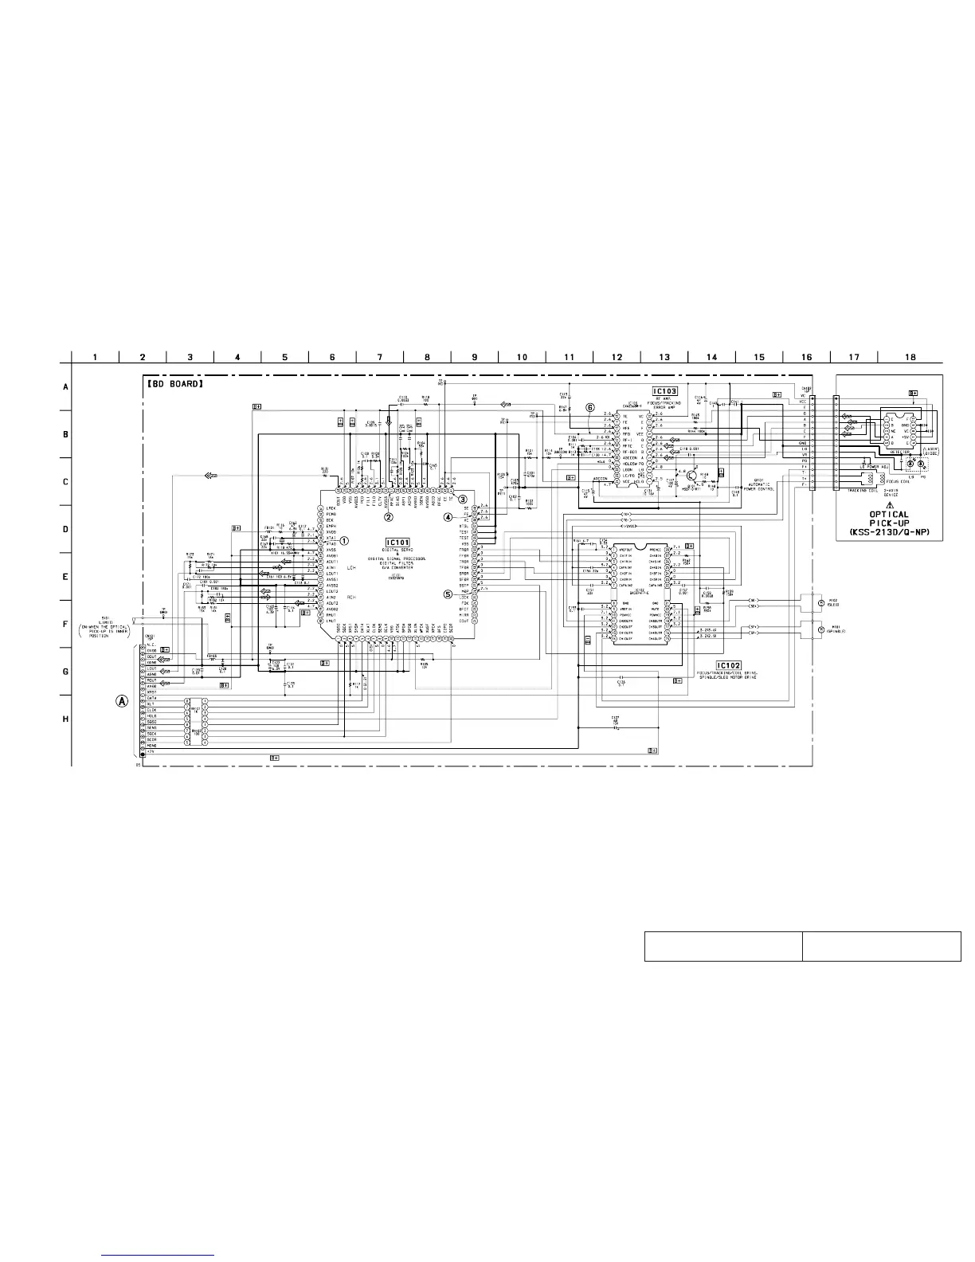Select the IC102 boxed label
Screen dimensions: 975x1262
[728, 665]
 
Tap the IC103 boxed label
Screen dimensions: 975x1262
[665, 391]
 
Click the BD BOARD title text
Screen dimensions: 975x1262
[175, 383]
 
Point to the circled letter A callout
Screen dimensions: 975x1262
[122, 701]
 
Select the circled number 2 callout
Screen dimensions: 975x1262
[389, 516]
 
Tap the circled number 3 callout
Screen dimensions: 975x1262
[462, 498]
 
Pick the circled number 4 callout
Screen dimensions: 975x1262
[448, 516]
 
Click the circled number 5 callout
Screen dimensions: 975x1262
[448, 593]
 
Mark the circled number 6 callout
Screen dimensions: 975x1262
[590, 406]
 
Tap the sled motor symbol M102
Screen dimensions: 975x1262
[821, 603]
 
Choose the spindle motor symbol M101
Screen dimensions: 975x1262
[821, 629]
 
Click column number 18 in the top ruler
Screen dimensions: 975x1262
[910, 357]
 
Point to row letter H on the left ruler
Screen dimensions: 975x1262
[65, 719]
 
